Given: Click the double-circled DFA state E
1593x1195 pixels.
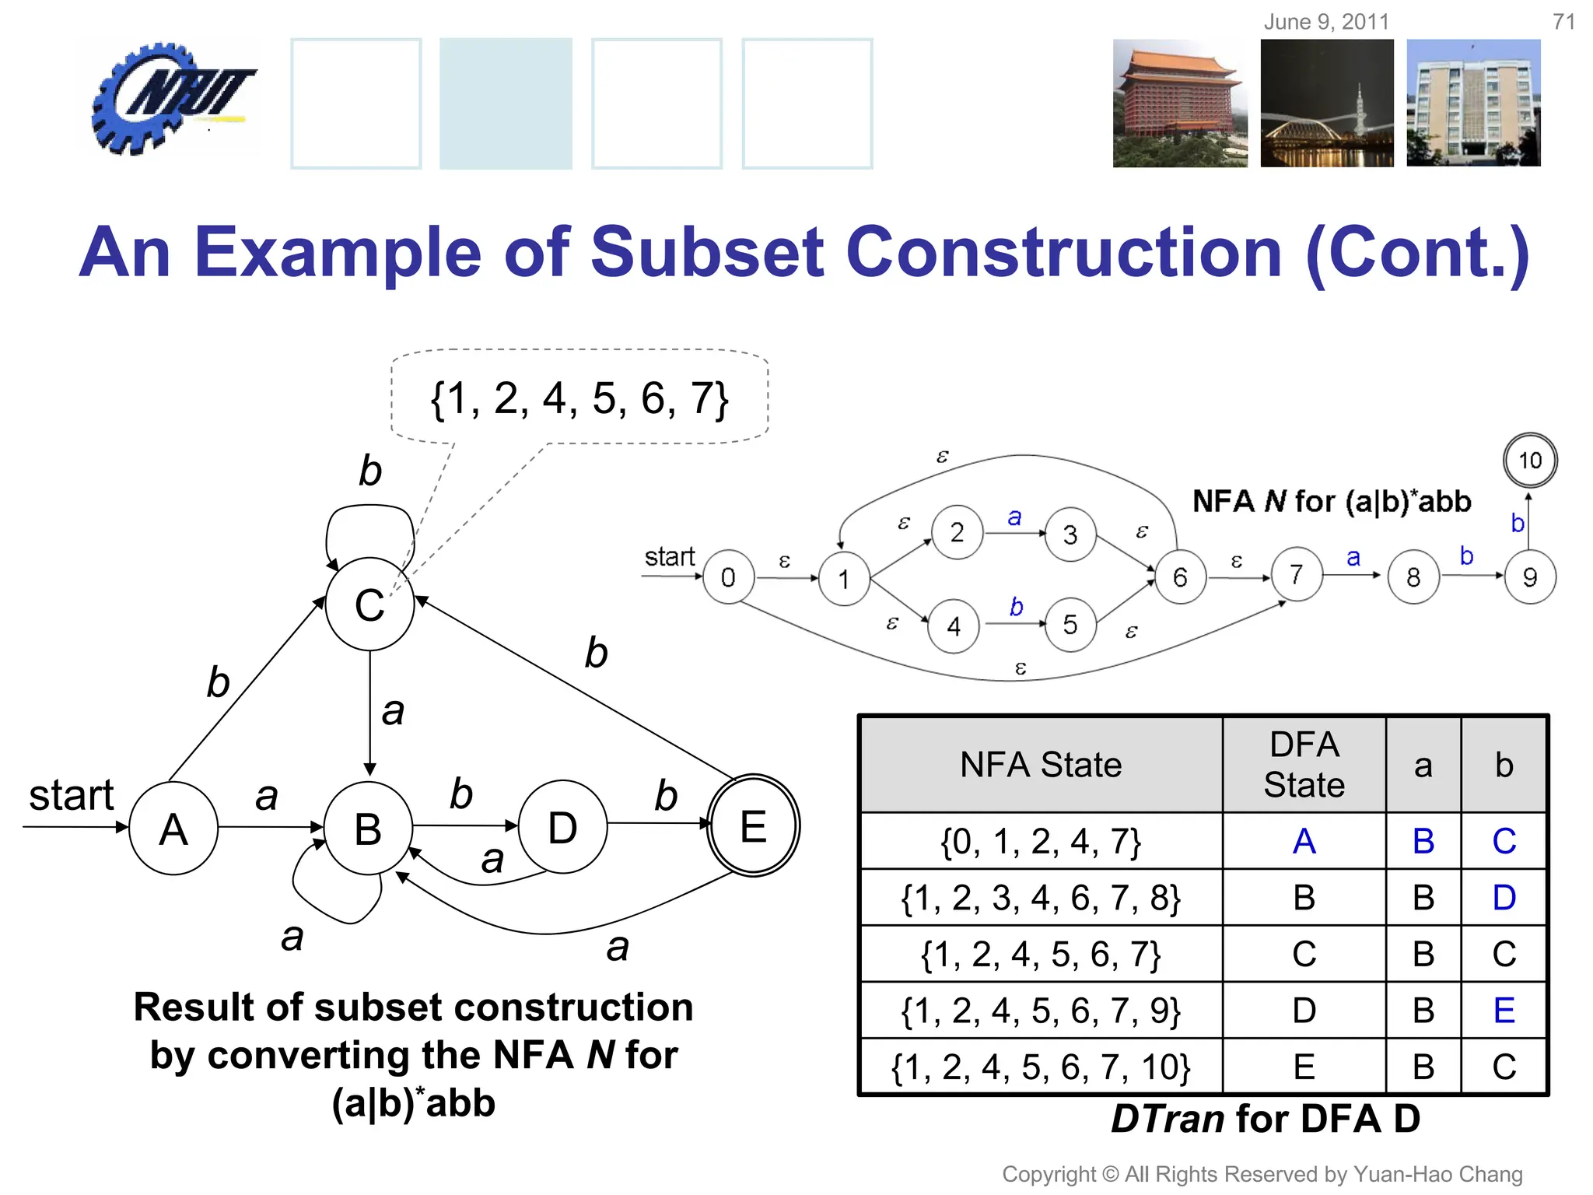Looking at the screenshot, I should pos(753,825).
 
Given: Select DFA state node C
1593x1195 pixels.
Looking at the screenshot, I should pos(369,605).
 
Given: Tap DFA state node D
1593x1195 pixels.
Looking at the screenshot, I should pos(562,827).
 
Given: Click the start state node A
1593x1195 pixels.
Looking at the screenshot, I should pos(173,829).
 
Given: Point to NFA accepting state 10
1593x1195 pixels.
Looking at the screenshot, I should pos(1529,461).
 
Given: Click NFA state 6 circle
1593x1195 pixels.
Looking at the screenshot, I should pos(1180,577).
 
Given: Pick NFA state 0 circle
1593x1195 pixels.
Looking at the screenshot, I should pos(728,577).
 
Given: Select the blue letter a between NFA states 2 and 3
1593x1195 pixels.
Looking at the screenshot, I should pos(1014,517).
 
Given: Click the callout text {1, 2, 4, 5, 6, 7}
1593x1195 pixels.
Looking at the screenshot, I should pos(579,398).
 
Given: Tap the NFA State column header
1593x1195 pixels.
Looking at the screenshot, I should pos(1041,765).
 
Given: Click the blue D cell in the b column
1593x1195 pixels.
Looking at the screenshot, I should pos(1504,898).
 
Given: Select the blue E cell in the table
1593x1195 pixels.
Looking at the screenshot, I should pos(1504,1011).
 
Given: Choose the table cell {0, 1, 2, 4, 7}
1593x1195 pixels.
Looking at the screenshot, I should pos(1041,842).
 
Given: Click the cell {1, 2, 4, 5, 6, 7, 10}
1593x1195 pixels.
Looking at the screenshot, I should pos(1041,1067).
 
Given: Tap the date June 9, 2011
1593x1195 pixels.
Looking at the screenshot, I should pos(1326,22).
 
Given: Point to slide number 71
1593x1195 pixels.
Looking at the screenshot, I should pos(1563,22).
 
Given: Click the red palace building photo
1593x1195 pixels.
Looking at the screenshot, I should pos(1179,103).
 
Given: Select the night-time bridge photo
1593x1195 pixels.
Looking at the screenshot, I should pos(1327,103).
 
